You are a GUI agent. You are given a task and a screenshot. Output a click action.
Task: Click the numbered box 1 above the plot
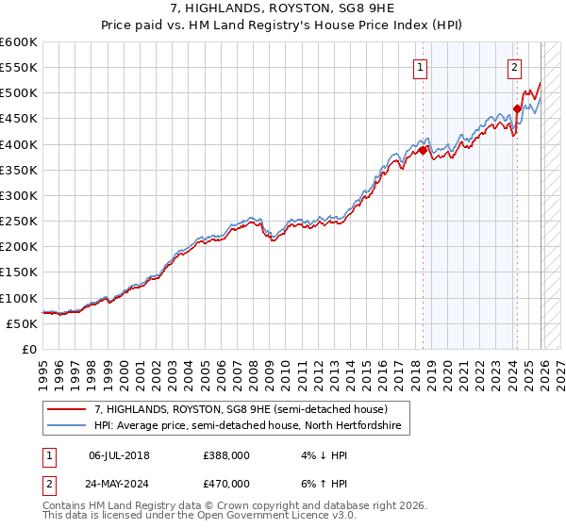tap(419, 67)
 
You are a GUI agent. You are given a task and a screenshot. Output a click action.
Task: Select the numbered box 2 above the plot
tap(514, 67)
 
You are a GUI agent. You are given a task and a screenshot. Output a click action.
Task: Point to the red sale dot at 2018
tap(423, 150)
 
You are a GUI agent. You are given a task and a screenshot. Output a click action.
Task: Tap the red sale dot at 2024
tap(517, 108)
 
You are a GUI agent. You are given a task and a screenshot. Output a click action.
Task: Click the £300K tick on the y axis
tap(18, 195)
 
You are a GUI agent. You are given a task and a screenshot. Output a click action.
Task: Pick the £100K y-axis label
tap(18, 298)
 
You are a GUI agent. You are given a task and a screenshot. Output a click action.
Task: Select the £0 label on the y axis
tap(28, 349)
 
